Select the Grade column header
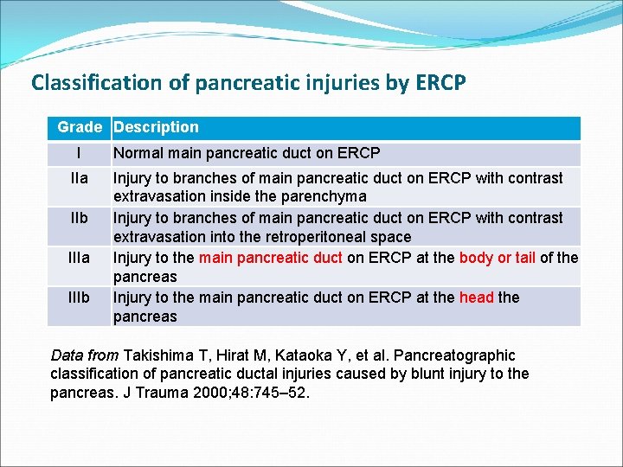[x=80, y=127]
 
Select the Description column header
[x=156, y=127]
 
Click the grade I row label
[x=79, y=154]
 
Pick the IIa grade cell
[x=79, y=178]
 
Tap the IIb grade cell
[x=79, y=218]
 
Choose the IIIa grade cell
[x=79, y=258]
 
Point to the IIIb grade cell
[x=79, y=297]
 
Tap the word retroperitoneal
[x=323, y=236]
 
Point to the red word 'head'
[x=476, y=297]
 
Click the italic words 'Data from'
[x=85, y=355]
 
